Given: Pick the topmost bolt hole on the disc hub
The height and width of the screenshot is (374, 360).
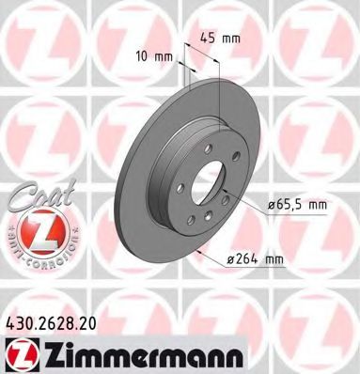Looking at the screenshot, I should point(214,137).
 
